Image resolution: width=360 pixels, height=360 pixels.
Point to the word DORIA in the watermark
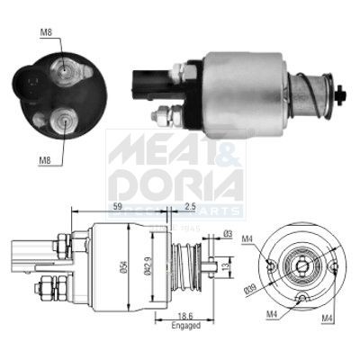click(x=175, y=184)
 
